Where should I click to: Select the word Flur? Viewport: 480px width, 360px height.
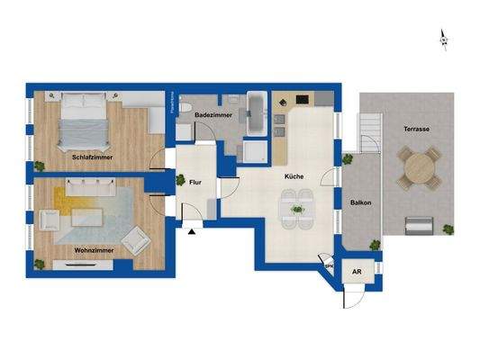195,183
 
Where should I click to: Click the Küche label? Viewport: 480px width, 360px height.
294,176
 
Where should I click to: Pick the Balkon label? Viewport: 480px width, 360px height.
361,202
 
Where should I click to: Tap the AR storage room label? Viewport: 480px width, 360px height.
358,271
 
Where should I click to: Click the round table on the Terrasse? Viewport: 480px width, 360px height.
419,167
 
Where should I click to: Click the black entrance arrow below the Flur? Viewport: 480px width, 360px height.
192,231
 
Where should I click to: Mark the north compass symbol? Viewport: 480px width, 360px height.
443,39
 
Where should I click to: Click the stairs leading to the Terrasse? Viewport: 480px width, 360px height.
369,139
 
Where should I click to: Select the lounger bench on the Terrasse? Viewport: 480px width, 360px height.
419,225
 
